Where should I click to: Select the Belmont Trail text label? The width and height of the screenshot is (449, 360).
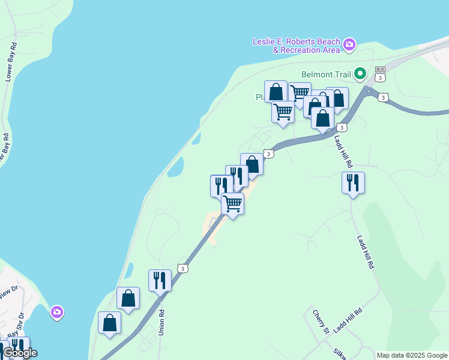coord(326,75)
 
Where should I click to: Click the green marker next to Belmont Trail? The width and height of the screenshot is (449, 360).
coord(360,74)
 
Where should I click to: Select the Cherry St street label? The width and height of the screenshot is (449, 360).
coord(321,322)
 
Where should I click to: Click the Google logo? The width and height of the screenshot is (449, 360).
coord(19,353)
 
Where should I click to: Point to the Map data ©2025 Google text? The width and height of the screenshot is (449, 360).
coord(412,355)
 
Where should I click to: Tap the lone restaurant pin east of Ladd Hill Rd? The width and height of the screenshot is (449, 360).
coord(353,182)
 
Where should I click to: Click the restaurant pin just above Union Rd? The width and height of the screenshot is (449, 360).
coord(160,280)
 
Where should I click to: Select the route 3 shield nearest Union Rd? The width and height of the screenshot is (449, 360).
coord(183,268)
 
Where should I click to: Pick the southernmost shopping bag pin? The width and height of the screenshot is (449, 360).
coord(109,323)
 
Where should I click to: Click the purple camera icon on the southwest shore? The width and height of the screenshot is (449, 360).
coord(57,312)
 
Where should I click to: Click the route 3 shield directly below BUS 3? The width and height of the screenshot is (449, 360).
coord(384,97)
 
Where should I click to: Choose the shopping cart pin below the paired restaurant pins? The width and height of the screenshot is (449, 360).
coord(232,203)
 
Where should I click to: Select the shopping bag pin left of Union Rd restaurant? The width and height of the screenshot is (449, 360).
coord(128,298)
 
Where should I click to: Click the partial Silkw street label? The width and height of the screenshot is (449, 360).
coord(340,352)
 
